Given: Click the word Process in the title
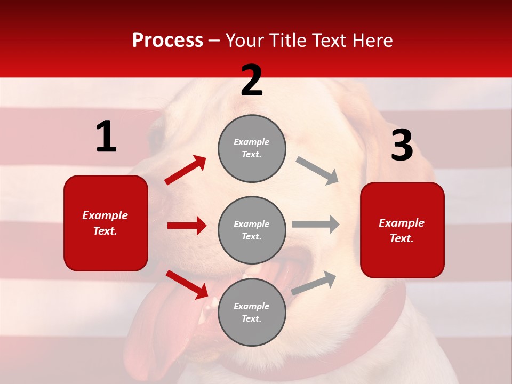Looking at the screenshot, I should click(167, 41).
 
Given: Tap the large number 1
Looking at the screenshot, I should click(106, 137).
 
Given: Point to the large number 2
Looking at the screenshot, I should click(252, 81).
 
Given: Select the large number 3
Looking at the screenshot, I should click(402, 146).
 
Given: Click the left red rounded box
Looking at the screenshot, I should click(106, 223).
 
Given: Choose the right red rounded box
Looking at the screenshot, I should click(402, 230).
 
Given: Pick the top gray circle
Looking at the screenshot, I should click(252, 148).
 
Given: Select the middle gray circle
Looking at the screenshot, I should click(252, 230).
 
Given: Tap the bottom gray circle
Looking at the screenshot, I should click(252, 312).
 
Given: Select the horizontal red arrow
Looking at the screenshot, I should click(187, 226).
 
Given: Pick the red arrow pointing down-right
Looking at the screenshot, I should click(187, 284).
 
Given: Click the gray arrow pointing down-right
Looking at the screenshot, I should click(317, 171).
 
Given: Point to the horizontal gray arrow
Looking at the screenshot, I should click(316, 224).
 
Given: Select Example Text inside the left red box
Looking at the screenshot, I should click(106, 223).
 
